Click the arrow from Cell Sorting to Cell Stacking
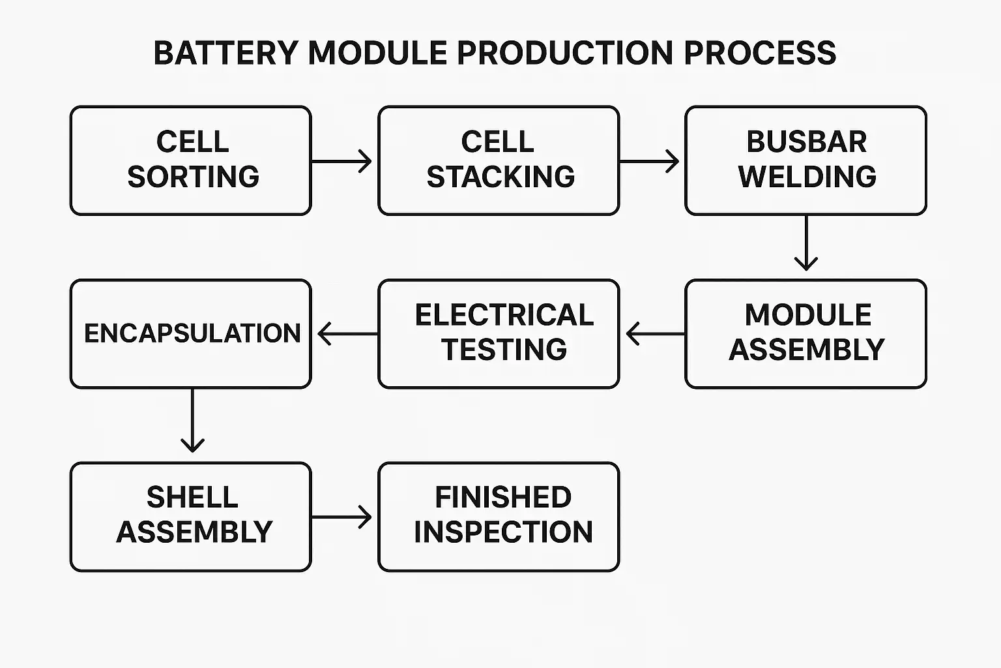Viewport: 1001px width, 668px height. tap(342, 160)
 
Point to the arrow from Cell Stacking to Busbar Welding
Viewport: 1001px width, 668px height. tap(649, 160)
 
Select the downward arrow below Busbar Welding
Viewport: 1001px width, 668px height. tap(806, 243)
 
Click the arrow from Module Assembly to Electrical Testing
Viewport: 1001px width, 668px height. tap(654, 334)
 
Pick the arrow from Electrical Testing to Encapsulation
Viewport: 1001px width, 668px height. tap(347, 334)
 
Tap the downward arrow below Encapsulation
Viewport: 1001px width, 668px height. tap(192, 421)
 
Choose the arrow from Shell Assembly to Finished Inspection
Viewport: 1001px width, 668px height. tap(342, 517)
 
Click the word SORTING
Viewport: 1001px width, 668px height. tap(193, 177)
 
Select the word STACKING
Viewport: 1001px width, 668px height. tap(500, 177)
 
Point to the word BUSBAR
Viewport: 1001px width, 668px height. tap(806, 142)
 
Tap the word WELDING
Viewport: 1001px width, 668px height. tap(807, 177)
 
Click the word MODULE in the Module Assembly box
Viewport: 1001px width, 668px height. tap(807, 315)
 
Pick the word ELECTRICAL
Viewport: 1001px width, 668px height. tap(504, 315)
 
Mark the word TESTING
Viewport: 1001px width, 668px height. tap(504, 350)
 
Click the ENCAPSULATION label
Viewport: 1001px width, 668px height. tap(192, 333)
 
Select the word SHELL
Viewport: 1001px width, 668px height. tap(192, 497)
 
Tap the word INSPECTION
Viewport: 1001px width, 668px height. tap(503, 532)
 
